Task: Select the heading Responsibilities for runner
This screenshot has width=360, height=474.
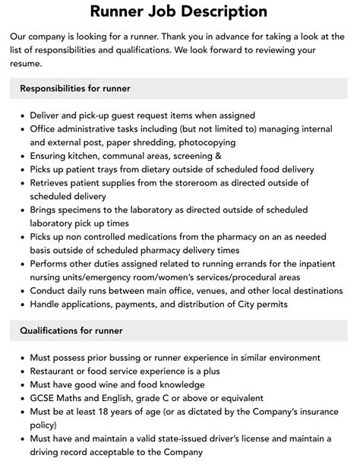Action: (x=75, y=89)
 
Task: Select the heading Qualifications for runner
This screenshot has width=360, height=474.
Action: (x=71, y=330)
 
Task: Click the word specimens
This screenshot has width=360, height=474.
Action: (x=89, y=210)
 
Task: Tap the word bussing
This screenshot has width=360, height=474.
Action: (x=124, y=357)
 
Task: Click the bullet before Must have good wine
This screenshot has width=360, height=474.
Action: (x=21, y=384)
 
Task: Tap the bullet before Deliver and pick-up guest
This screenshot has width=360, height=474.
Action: (x=21, y=115)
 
